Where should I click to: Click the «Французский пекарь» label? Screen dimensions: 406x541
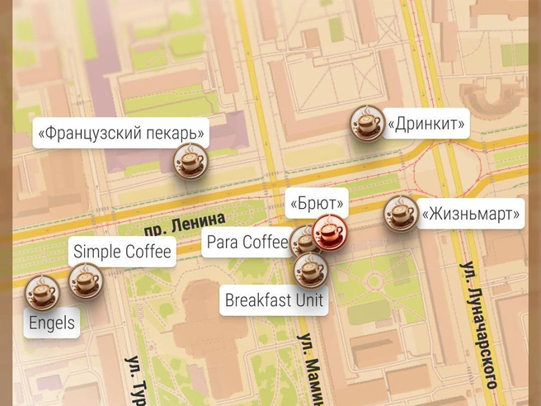click(x=120, y=132)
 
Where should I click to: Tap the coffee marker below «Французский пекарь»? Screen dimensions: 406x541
click(x=190, y=160)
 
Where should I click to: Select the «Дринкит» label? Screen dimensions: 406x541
click(x=426, y=125)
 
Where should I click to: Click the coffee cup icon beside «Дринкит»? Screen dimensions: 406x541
click(x=366, y=124)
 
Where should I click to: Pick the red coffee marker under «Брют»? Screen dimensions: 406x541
click(x=330, y=231)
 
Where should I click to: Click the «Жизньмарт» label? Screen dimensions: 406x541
click(x=471, y=215)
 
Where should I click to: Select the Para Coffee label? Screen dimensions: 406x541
click(x=247, y=242)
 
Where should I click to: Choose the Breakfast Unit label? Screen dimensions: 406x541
click(x=275, y=300)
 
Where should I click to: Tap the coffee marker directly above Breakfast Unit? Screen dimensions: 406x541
click(x=311, y=269)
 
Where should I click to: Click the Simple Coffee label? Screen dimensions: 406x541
click(x=122, y=252)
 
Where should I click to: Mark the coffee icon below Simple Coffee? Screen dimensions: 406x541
click(x=85, y=281)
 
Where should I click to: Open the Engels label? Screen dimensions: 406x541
click(x=52, y=323)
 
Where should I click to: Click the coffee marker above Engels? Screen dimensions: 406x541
click(x=42, y=292)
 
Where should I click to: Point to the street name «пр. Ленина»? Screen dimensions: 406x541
click(x=183, y=223)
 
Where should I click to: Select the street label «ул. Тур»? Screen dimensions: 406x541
click(x=134, y=380)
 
